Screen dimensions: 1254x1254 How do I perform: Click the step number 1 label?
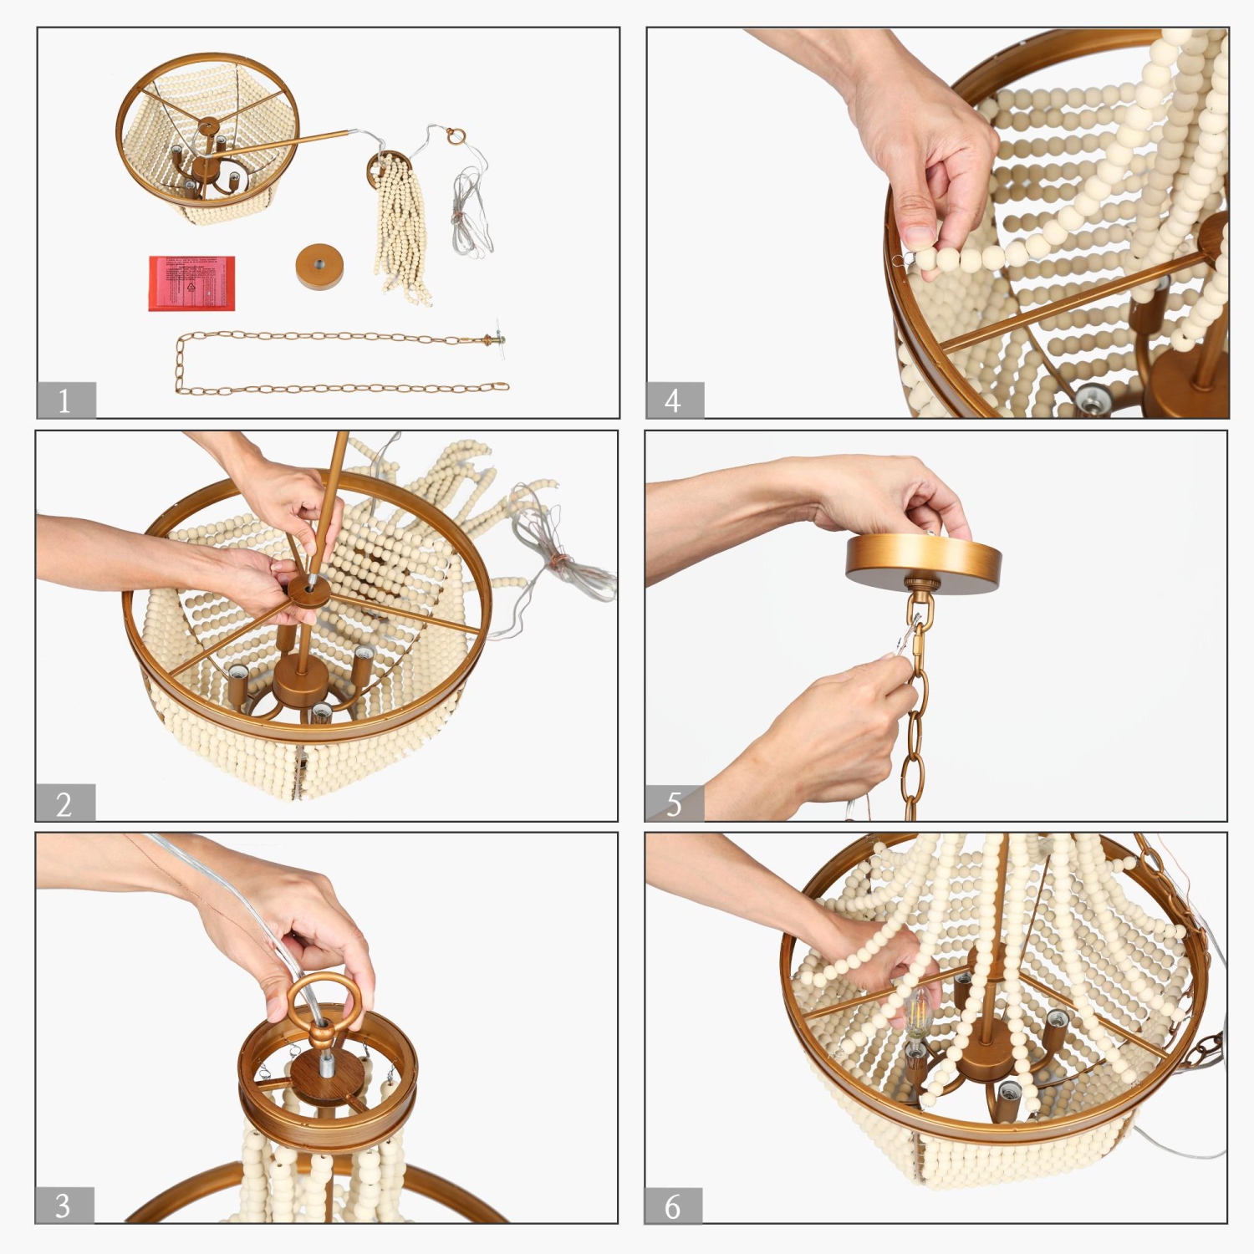click(65, 400)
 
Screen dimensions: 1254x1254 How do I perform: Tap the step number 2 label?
click(64, 803)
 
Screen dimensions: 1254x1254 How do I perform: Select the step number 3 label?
click(64, 1206)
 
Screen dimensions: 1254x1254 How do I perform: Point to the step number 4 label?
click(674, 400)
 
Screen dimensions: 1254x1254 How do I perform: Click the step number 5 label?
click(674, 803)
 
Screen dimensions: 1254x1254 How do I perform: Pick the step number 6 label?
click(673, 1206)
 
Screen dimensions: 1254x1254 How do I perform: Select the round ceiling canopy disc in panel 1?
click(319, 266)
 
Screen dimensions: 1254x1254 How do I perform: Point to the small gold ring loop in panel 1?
click(455, 135)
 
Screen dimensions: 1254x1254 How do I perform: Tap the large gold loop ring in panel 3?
click(324, 1002)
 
